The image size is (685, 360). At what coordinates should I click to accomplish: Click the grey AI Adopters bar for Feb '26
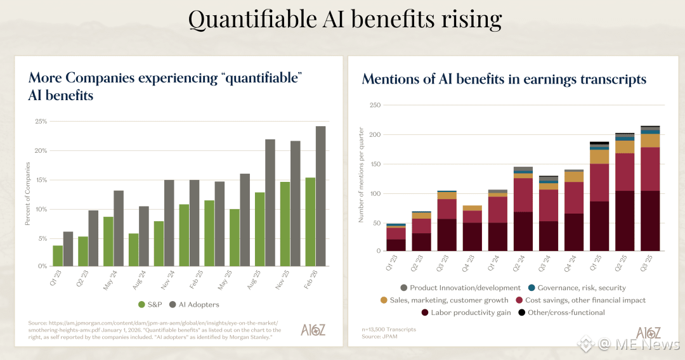(x=320, y=196)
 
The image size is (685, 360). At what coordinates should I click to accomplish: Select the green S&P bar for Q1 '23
(x=58, y=255)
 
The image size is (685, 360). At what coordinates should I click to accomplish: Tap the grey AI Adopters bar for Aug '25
(x=270, y=202)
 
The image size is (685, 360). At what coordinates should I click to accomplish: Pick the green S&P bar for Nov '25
(x=285, y=224)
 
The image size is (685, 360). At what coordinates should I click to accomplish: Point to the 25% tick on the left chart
(x=40, y=121)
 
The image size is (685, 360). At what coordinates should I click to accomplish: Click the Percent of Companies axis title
(x=28, y=193)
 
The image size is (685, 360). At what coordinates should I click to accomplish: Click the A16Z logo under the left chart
(x=313, y=330)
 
